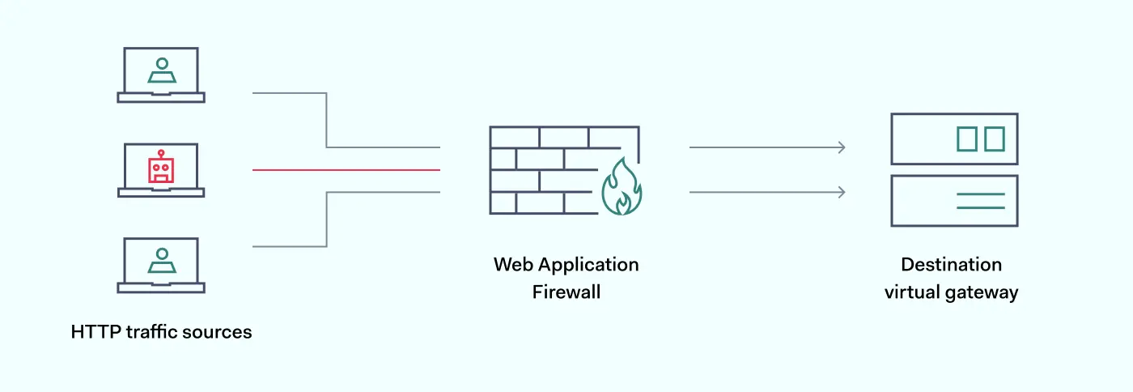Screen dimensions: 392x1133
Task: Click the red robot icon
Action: point(161,167)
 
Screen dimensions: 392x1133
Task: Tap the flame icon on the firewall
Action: point(622,188)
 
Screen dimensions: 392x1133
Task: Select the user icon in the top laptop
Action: point(162,71)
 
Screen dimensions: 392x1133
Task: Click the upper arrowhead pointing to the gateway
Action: point(842,147)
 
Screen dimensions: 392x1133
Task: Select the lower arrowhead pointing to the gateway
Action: point(842,192)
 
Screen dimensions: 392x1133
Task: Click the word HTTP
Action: point(95,332)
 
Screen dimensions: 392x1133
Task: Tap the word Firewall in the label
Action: point(566,292)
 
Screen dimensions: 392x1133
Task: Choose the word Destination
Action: point(951,265)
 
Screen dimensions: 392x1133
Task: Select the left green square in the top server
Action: point(966,138)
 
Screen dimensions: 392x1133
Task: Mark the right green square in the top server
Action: point(995,138)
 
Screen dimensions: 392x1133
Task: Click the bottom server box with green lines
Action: point(954,201)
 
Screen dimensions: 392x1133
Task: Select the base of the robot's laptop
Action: point(161,193)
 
